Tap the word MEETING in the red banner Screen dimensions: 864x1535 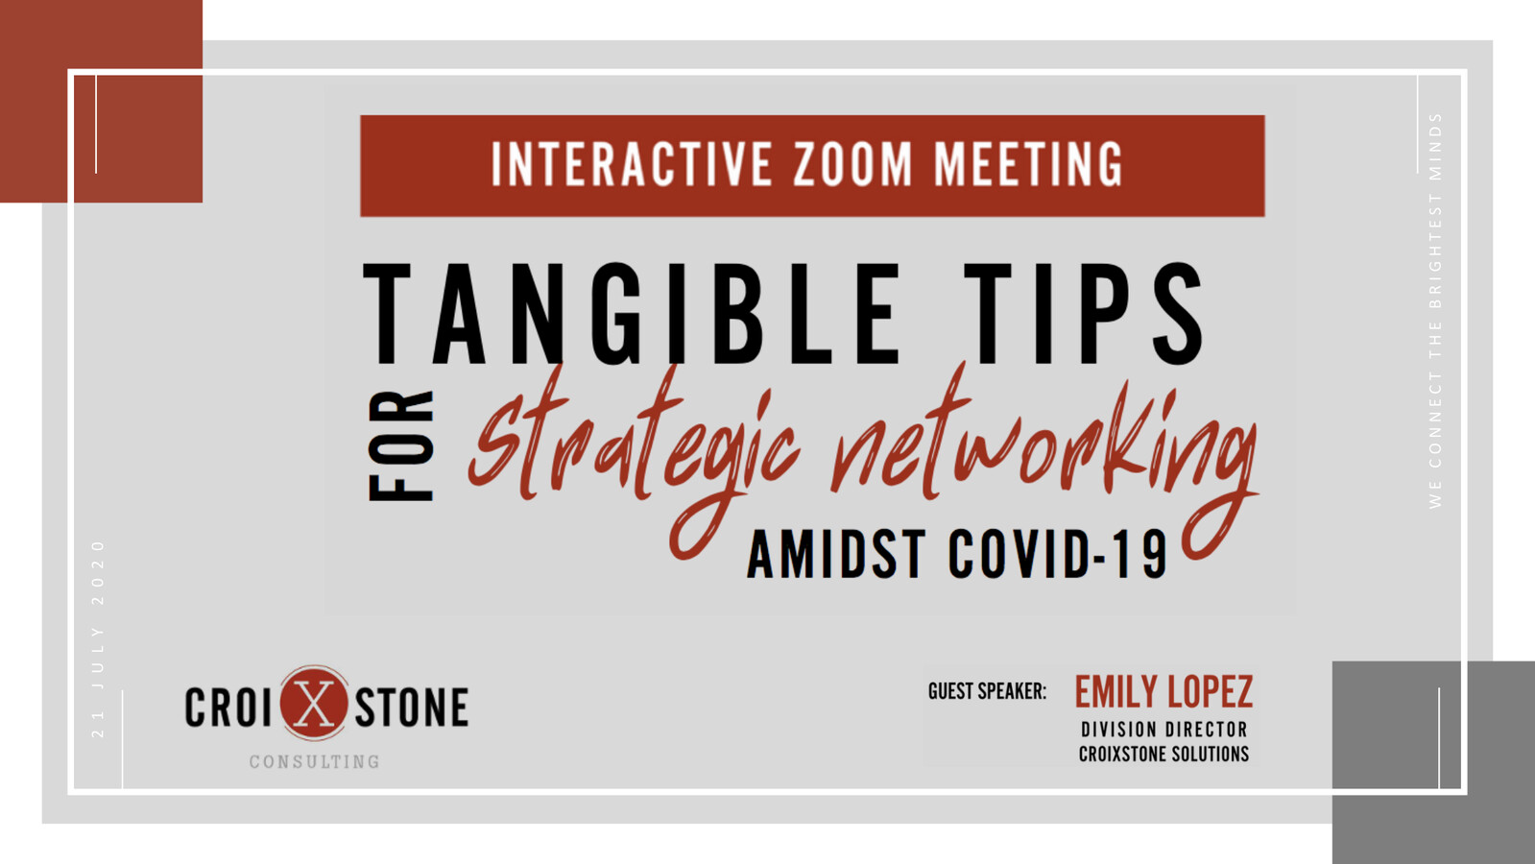click(x=1028, y=164)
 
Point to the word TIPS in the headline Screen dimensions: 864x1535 click(x=1084, y=314)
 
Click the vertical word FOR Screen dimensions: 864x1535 click(x=402, y=445)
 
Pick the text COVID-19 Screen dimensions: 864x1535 click(x=1057, y=555)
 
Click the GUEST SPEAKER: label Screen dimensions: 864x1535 click(x=987, y=691)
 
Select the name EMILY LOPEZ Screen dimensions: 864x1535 click(x=1163, y=692)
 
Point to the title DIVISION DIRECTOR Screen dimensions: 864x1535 click(x=1163, y=730)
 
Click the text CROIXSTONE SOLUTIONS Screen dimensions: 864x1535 click(x=1163, y=755)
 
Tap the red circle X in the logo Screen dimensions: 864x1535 click(x=314, y=704)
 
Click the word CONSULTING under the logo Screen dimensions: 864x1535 click(x=315, y=762)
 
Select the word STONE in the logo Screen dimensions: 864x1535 click(x=412, y=708)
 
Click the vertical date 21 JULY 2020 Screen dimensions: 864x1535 click(x=98, y=638)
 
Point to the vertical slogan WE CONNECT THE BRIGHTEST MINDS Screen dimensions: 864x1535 click(x=1435, y=310)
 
